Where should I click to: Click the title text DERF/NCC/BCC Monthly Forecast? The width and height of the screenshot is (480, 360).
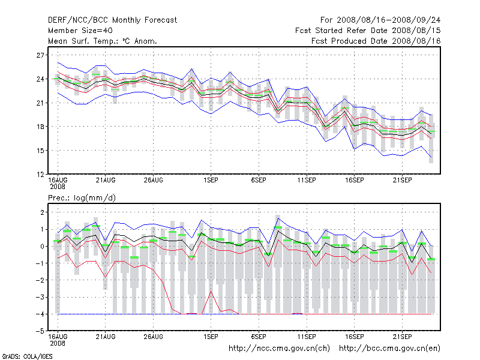(x=112, y=20)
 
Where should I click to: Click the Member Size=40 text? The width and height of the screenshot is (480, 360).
(x=80, y=30)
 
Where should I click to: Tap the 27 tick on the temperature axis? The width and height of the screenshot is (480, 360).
(x=41, y=55)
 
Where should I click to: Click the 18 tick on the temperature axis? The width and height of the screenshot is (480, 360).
(x=41, y=127)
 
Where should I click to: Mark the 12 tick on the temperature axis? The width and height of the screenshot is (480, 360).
(x=41, y=174)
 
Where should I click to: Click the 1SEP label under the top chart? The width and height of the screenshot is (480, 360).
(x=211, y=179)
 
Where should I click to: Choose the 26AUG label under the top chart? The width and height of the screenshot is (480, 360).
(x=153, y=179)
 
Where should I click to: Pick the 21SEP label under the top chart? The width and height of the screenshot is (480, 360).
(x=402, y=179)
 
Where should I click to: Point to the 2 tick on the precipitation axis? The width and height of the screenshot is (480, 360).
(x=43, y=212)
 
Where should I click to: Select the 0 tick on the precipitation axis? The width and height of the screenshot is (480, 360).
(x=43, y=246)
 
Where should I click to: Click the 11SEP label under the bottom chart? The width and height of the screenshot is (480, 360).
(x=306, y=336)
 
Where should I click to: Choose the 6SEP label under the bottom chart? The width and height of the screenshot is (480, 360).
(x=259, y=336)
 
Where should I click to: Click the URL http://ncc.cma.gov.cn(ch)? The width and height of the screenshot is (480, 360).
(x=280, y=348)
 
